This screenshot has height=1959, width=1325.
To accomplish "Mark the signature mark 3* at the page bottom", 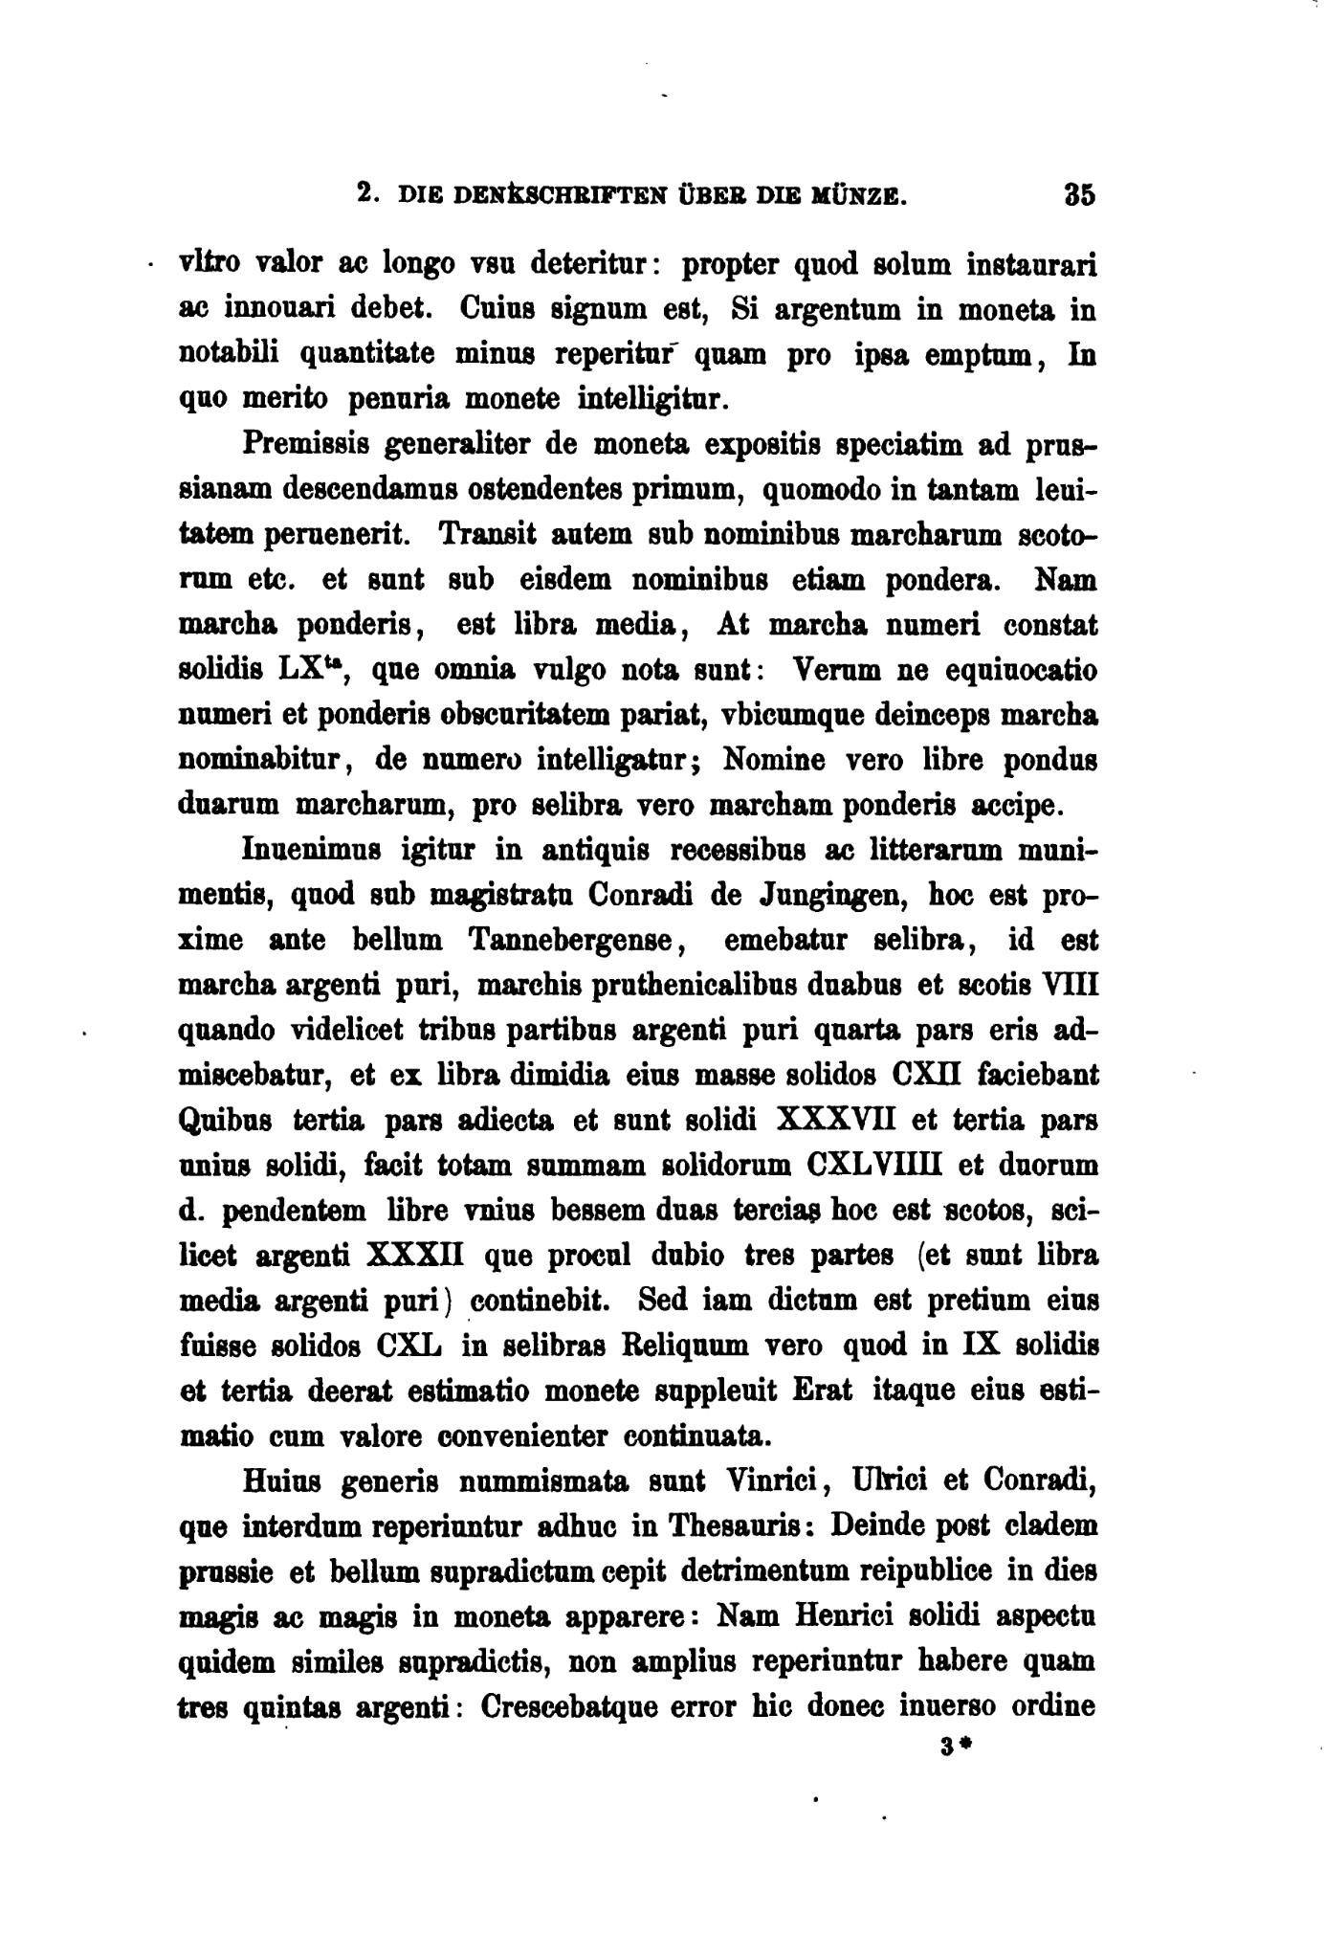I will [x=955, y=1748].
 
